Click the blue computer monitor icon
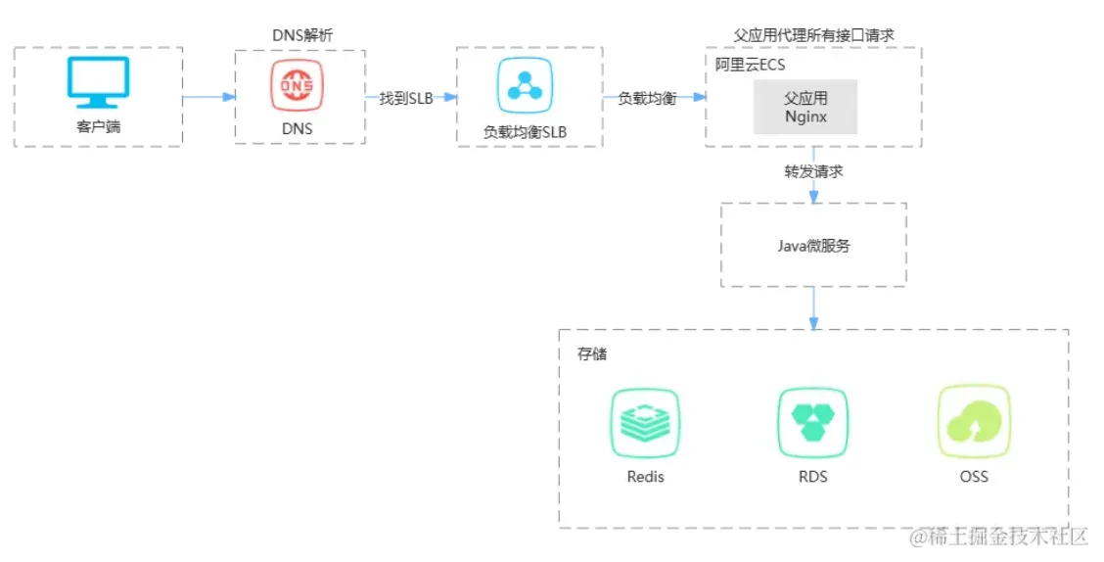[98, 82]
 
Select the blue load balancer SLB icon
[525, 87]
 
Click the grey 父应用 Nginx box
[805, 107]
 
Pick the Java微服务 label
[812, 246]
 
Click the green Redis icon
[644, 423]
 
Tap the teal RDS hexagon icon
[812, 423]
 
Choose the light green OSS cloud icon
[973, 423]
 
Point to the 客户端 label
[98, 127]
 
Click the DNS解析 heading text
[301, 35]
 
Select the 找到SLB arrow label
[405, 98]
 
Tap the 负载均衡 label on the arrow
[647, 98]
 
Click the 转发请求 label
[813, 171]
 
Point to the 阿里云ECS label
[750, 65]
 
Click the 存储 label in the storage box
[591, 353]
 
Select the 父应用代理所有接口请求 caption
[813, 35]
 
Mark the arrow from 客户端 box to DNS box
[208, 97]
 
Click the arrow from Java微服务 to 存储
[813, 308]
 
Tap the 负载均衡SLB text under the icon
[526, 131]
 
